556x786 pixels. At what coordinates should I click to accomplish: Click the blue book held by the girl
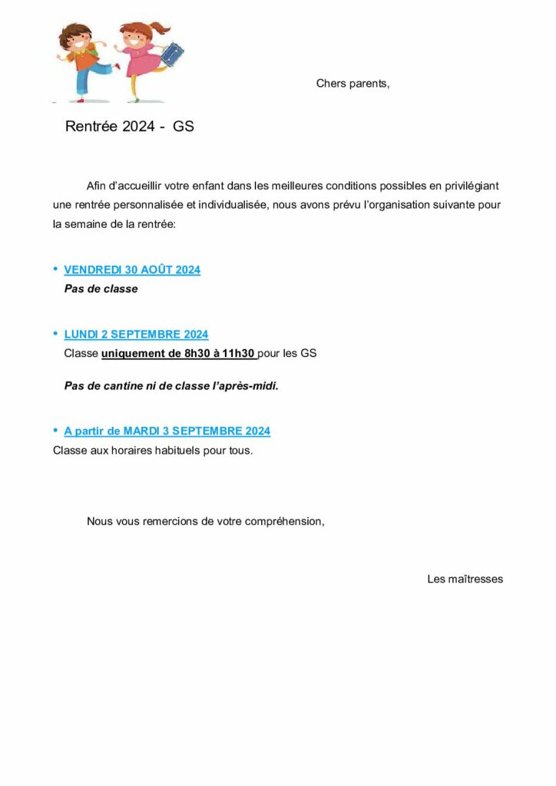pos(170,55)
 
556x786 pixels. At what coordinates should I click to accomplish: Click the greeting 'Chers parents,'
pos(352,84)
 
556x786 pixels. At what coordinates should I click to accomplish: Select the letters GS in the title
pos(184,127)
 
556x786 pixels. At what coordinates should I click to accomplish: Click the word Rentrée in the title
pos(91,127)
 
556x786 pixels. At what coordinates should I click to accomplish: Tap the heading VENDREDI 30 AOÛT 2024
pos(132,270)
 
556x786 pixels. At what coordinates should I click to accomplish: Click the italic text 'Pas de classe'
pos(101,289)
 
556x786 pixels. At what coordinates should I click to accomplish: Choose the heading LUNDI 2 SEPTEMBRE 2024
pos(136,335)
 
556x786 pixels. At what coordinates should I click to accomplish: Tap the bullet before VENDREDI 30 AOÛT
pos(55,269)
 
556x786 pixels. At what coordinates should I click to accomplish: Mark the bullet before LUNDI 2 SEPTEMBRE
pos(55,333)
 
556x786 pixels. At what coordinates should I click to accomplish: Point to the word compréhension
pos(284,521)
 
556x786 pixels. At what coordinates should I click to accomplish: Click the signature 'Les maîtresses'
pos(465,579)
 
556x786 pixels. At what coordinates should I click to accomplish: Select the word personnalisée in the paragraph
pos(145,206)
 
